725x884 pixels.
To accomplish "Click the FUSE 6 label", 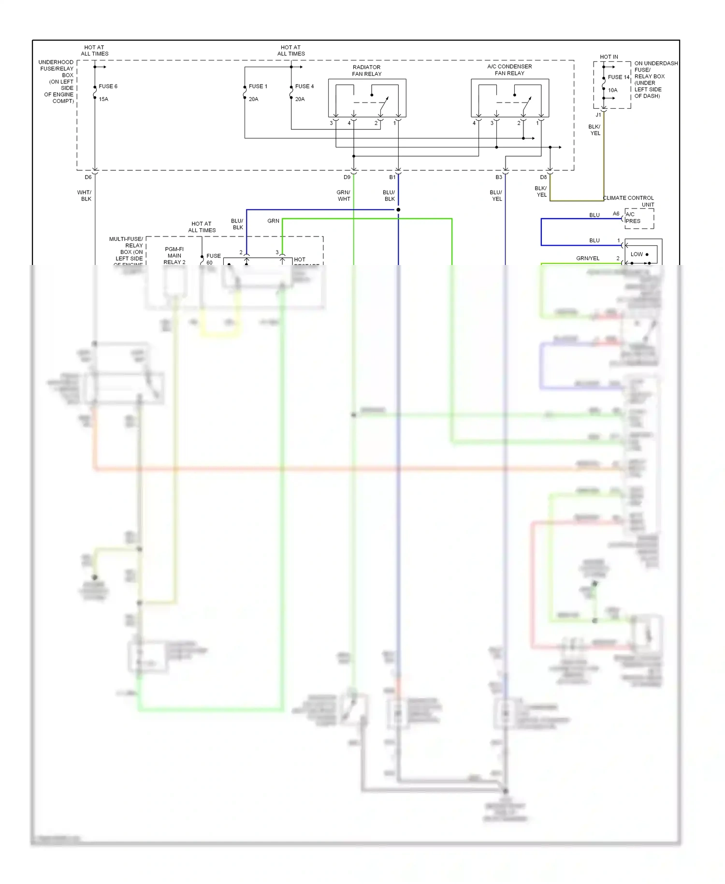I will coord(108,87).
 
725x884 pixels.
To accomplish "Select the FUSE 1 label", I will coord(258,87).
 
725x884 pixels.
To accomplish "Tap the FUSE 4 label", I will coord(304,87).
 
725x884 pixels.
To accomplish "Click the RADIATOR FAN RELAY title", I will coord(366,71).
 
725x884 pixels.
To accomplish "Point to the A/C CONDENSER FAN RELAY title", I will coord(509,70).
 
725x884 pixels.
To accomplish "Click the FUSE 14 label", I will coord(618,77).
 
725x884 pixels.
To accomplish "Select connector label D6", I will coord(88,177).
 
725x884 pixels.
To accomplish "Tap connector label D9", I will coord(347,177).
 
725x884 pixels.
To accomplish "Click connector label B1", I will coord(392,177).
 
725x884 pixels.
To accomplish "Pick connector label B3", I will coord(499,177).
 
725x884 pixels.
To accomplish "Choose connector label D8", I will coord(543,177).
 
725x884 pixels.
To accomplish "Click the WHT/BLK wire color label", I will coord(85,196).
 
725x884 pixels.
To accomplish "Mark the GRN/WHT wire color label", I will coord(344,196).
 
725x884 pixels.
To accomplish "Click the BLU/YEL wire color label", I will coord(496,196).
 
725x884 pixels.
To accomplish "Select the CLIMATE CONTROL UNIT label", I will coord(628,201).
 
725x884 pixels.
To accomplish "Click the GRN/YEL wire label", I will coord(587,259).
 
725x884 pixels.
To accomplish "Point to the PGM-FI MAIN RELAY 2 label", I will coord(174,256).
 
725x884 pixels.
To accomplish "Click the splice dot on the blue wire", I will coord(398,210).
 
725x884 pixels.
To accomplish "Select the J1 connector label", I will coord(598,115).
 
